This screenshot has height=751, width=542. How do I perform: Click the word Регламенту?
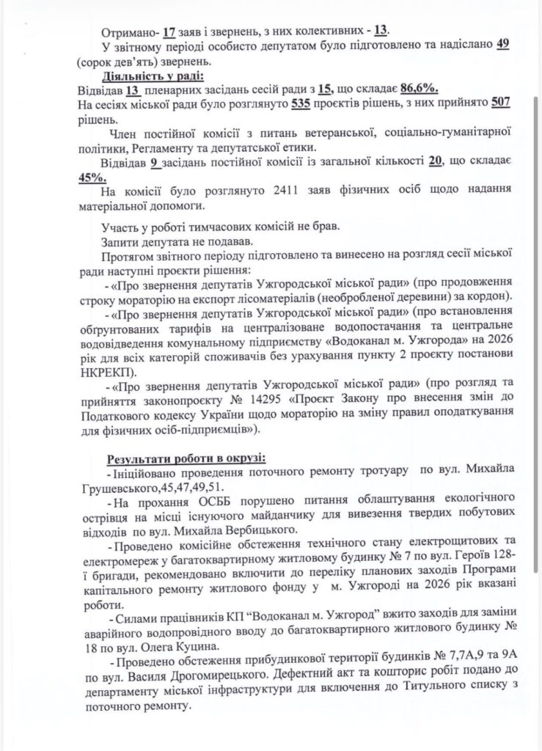149,148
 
